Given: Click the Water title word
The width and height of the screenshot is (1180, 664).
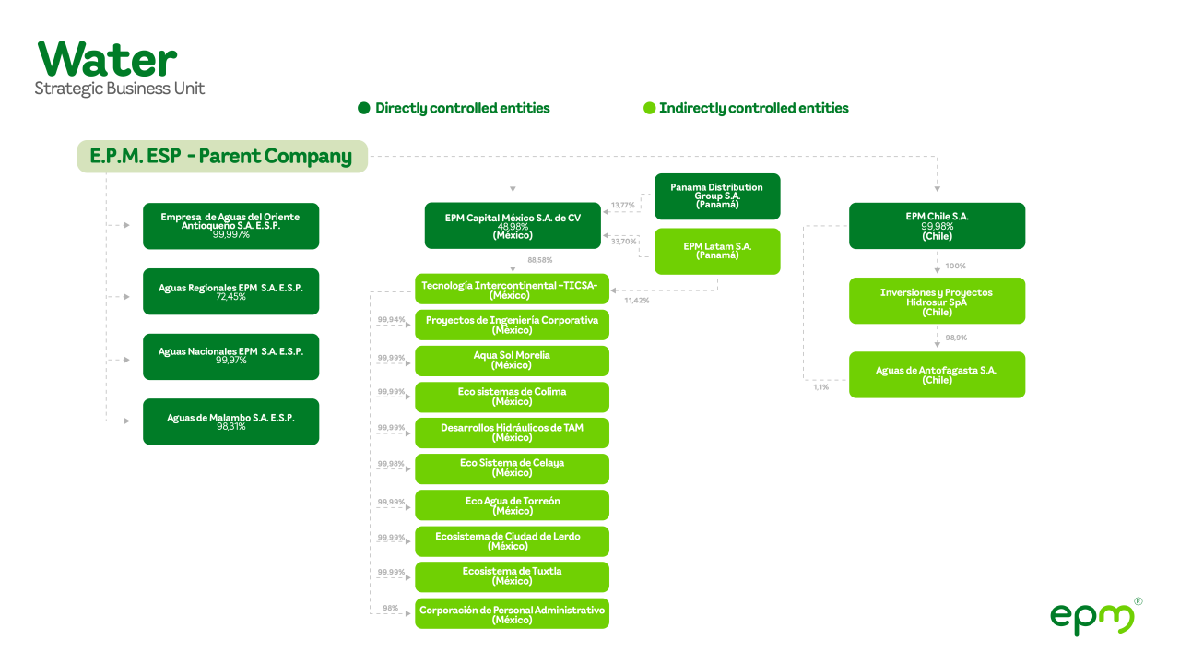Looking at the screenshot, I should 107,60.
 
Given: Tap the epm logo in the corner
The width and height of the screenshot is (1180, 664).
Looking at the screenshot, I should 1093,616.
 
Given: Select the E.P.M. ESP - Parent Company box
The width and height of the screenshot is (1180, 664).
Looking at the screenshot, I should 221,157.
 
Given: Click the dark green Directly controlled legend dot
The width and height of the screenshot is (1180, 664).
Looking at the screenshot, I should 364,109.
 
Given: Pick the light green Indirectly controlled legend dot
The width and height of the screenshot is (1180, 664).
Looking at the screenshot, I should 649,109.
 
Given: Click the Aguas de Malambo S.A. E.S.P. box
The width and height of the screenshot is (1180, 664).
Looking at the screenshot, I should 230,421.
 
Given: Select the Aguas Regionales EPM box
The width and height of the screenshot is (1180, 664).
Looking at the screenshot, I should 230,291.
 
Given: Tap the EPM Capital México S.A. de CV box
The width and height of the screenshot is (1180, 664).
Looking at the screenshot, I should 513,226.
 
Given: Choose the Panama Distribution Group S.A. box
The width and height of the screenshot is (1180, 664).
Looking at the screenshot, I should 717,196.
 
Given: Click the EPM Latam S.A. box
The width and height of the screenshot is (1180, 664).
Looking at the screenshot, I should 717,251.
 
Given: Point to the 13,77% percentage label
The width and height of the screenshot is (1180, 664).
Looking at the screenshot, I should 623,206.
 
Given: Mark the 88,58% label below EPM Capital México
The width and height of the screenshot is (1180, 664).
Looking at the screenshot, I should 539,260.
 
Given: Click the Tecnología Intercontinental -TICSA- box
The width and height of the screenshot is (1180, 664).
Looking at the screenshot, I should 512,290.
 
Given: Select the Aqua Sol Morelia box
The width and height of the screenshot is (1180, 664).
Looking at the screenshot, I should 512,361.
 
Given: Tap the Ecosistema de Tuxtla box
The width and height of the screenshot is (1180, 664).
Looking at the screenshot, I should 512,576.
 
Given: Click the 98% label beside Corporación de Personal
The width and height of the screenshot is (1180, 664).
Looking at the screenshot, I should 391,609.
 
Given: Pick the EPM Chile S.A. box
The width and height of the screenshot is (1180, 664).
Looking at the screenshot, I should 937,226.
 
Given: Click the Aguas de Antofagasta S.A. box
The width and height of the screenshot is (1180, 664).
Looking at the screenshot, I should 937,374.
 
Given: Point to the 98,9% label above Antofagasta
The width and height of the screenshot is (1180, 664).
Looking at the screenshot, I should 956,338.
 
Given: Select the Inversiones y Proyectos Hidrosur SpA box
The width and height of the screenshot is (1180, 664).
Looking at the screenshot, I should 937,301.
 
